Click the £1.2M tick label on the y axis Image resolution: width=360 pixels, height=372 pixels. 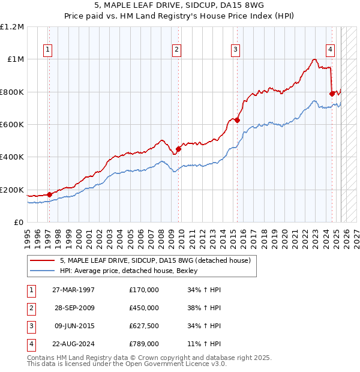point(12,26)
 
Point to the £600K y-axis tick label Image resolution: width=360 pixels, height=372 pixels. point(12,125)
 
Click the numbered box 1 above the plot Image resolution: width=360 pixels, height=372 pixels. point(47,50)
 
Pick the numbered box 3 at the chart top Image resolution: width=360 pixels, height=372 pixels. point(236,50)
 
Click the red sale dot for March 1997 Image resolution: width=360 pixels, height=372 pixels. point(49,194)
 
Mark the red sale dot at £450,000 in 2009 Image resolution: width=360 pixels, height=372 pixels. point(179,149)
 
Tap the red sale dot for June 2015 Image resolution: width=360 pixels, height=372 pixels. point(238,120)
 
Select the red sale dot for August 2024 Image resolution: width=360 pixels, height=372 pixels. point(332,94)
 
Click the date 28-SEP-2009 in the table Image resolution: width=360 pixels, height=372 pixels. point(74,308)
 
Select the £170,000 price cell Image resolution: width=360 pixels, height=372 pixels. point(144,290)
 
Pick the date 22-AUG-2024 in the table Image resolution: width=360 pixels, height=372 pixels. point(74,344)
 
